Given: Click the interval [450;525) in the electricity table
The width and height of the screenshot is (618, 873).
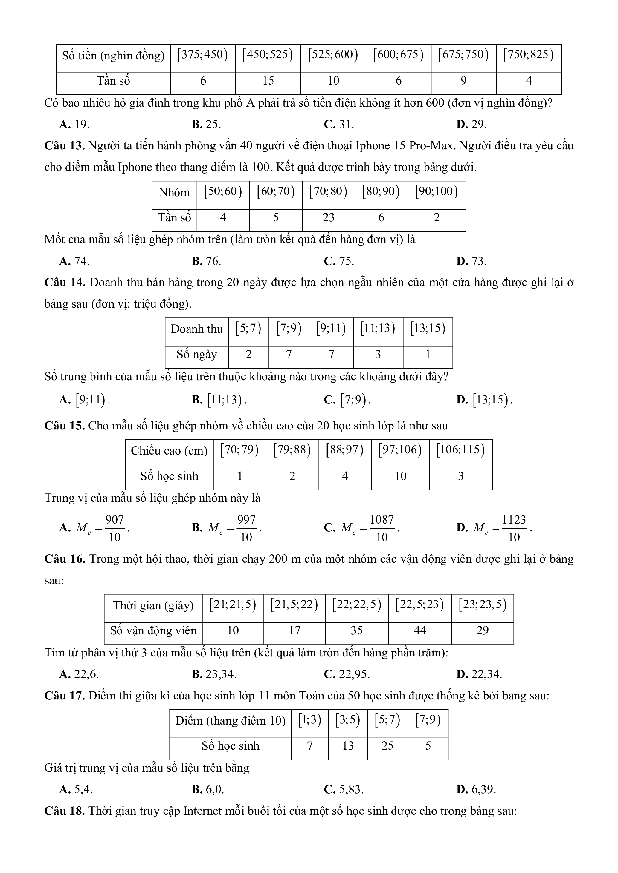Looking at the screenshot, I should tap(268, 55).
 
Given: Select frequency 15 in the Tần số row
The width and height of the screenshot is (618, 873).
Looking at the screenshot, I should tap(268, 81).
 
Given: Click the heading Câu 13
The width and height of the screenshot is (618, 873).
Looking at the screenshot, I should tap(64, 146).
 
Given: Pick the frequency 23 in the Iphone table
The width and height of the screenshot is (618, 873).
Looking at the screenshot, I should tap(328, 217).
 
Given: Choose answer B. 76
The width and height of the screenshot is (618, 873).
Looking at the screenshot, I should tap(206, 261).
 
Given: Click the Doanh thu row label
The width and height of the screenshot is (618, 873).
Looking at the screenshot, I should tap(196, 329).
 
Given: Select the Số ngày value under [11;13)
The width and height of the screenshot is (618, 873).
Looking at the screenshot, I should tap(378, 355).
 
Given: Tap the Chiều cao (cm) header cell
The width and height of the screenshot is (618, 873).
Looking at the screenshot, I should tap(169, 451).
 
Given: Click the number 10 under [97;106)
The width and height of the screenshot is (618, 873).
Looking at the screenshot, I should tap(400, 476).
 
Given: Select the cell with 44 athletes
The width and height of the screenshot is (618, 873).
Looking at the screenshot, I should tap(420, 630).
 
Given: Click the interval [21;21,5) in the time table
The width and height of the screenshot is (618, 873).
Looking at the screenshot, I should tap(233, 605).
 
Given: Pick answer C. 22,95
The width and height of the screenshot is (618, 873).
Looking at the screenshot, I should tap(347, 674).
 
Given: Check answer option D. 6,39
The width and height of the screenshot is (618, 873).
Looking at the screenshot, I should tap(476, 790).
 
